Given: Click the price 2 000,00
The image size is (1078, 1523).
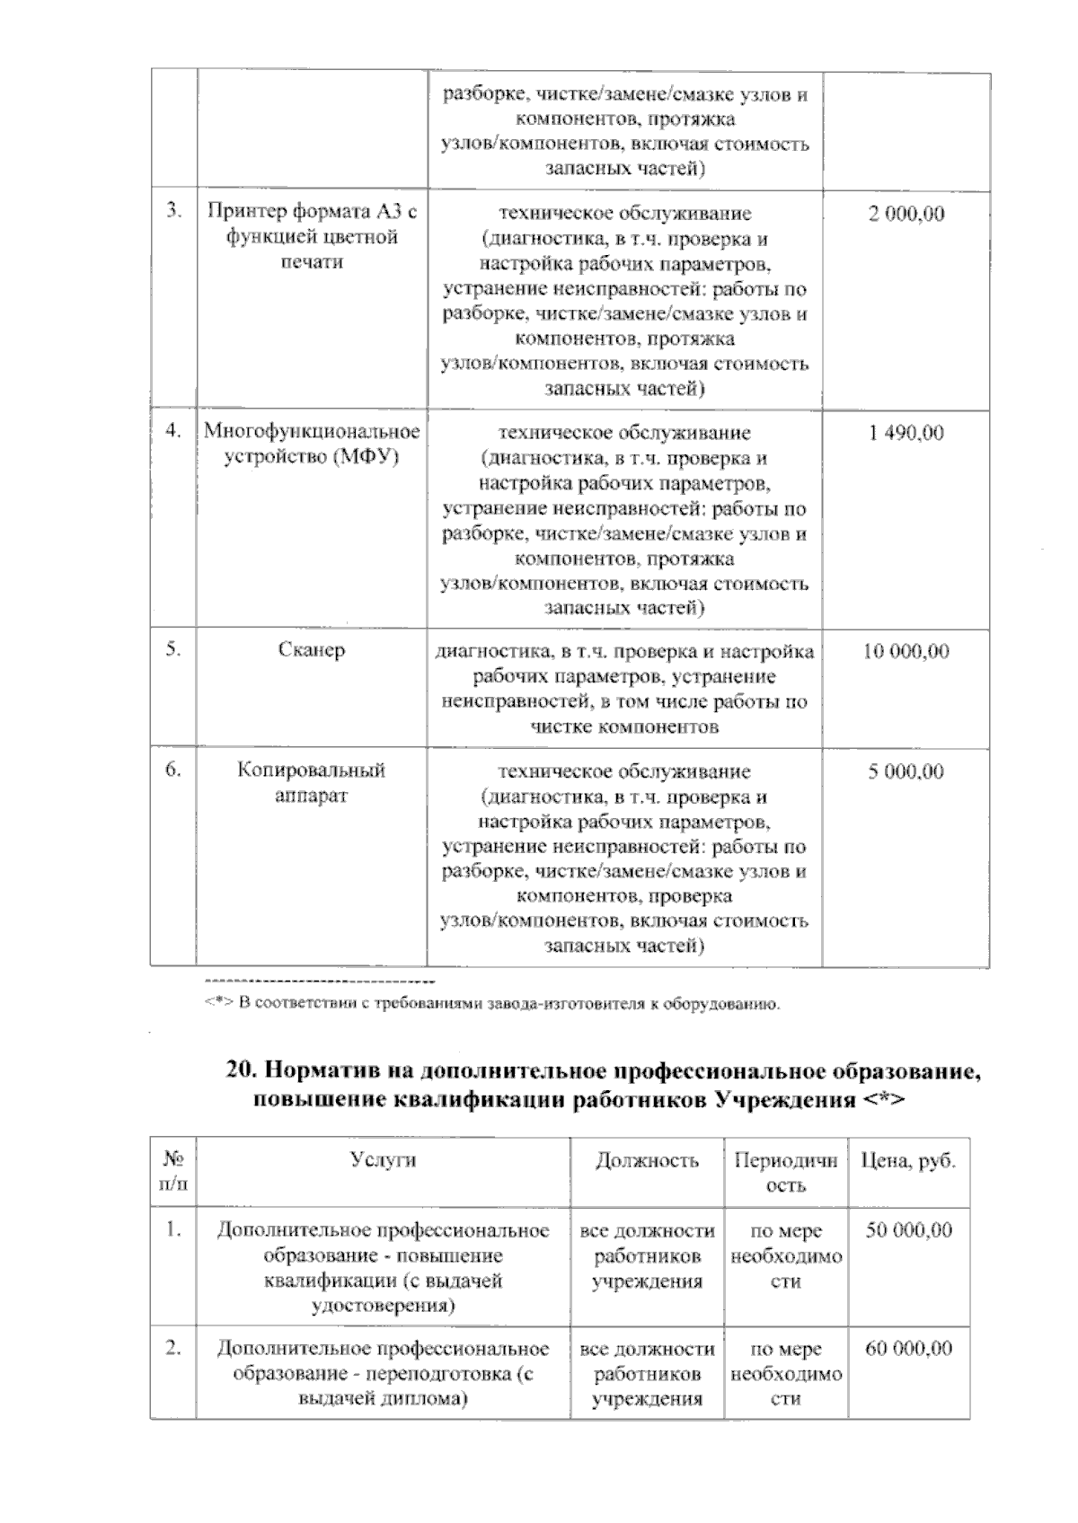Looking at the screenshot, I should tap(906, 215).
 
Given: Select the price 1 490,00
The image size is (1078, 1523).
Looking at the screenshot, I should tap(906, 434).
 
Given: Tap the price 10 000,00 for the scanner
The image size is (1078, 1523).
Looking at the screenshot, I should tap(906, 652).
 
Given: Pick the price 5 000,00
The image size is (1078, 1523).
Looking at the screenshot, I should tap(906, 771).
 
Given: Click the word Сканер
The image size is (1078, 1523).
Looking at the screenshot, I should tap(311, 651).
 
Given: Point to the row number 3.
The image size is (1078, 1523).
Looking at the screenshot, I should tap(173, 212).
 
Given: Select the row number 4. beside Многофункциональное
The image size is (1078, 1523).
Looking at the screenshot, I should tap(173, 432).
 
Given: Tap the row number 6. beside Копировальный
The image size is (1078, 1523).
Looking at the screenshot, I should tap(173, 770).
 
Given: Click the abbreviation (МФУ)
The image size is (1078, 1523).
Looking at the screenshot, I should tap(365, 457).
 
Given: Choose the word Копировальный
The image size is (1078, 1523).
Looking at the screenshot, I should tap(311, 770).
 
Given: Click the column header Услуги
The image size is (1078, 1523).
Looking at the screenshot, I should tap(383, 1159).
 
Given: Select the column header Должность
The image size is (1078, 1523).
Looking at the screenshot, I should tap(647, 1160).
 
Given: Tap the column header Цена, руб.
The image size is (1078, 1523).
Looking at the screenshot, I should tap(908, 1160).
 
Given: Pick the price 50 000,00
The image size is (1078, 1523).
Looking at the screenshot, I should tap(908, 1230).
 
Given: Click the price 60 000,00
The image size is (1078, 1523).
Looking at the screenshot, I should tap(908, 1349).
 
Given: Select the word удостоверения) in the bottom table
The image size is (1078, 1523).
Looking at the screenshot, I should tap(383, 1306).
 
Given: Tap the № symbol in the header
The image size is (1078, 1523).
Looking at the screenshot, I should tap(173, 1159).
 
